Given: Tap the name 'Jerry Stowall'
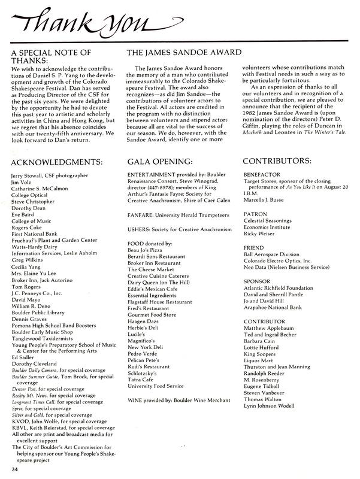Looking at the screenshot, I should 29,175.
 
